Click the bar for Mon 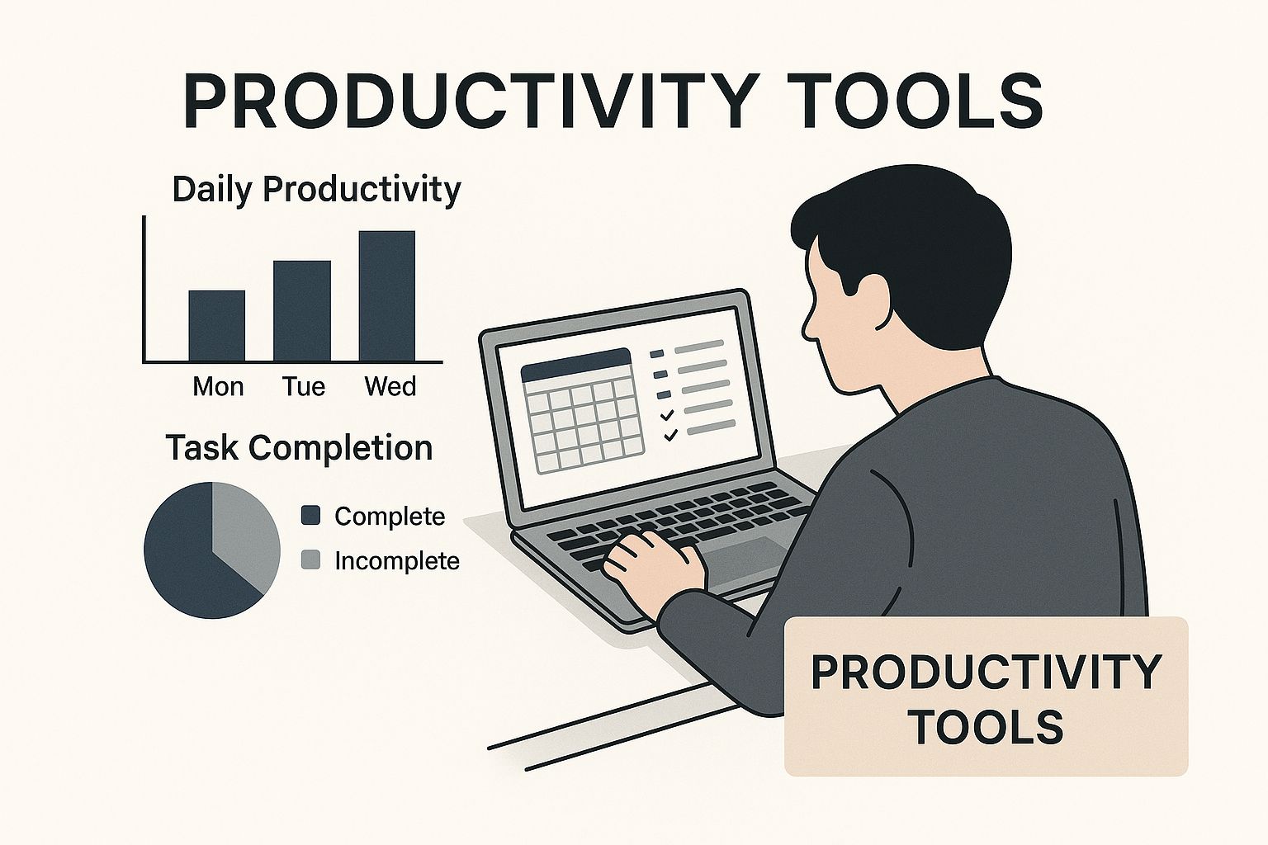[x=217, y=325]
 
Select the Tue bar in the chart [x=302, y=311]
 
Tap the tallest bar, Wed [x=387, y=295]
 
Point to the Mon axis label [x=218, y=386]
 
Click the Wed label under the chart [x=390, y=386]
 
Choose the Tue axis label [x=304, y=386]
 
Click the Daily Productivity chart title [x=316, y=190]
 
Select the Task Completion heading [x=299, y=448]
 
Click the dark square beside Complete [x=310, y=516]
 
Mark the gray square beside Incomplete [x=310, y=559]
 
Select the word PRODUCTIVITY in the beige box [x=986, y=673]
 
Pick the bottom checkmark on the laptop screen [x=670, y=435]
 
